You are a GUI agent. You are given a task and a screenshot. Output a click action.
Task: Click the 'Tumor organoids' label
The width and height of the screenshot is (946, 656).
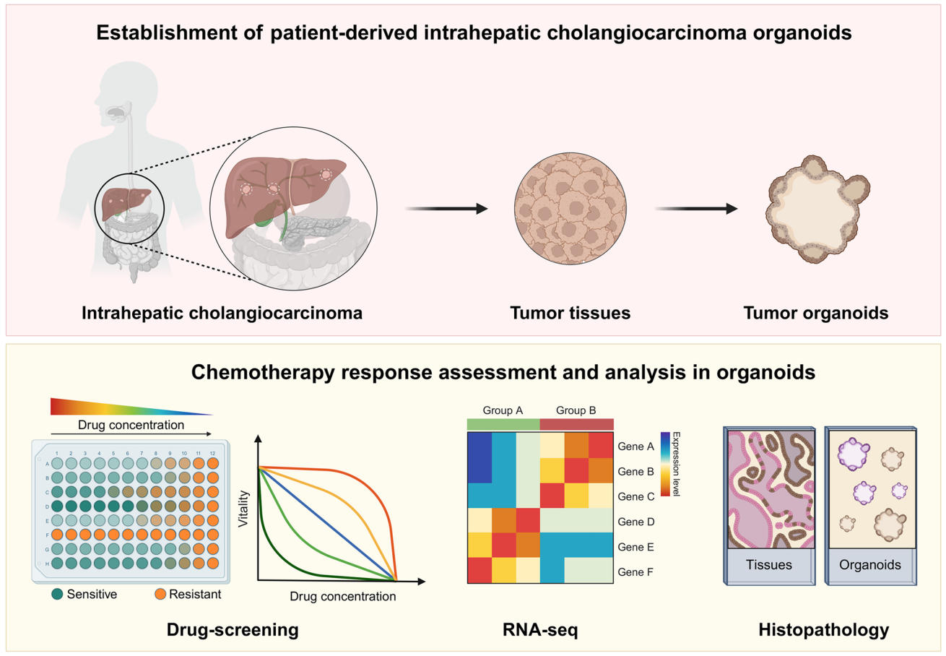pyautogui.click(x=815, y=313)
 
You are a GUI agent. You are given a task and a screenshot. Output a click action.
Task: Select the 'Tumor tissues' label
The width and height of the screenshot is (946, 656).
pyautogui.click(x=570, y=313)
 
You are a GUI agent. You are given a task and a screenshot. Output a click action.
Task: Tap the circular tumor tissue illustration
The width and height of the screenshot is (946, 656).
pyautogui.click(x=570, y=208)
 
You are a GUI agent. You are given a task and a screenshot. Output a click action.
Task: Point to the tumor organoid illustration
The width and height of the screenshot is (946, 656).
pyautogui.click(x=816, y=210)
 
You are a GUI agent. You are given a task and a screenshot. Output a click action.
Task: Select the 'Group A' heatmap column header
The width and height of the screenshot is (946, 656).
pyautogui.click(x=503, y=410)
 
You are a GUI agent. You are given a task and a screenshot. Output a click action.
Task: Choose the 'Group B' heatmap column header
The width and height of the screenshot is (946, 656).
pyautogui.click(x=576, y=410)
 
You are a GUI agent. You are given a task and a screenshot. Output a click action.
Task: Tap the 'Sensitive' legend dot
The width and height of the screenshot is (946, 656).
pyautogui.click(x=57, y=595)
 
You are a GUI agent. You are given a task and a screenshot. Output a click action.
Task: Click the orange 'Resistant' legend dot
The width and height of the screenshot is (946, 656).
pyautogui.click(x=161, y=595)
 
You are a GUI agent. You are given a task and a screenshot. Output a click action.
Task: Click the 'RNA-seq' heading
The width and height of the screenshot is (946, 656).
pyautogui.click(x=540, y=630)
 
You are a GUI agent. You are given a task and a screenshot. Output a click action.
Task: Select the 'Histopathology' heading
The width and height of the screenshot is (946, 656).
pyautogui.click(x=823, y=630)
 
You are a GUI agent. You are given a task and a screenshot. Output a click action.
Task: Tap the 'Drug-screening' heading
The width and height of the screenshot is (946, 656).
pyautogui.click(x=233, y=630)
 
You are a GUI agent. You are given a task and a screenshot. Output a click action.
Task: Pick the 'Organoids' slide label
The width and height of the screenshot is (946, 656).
pyautogui.click(x=870, y=564)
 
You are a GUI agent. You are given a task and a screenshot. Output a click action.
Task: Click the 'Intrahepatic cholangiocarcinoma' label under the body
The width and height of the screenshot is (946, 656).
pyautogui.click(x=222, y=313)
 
